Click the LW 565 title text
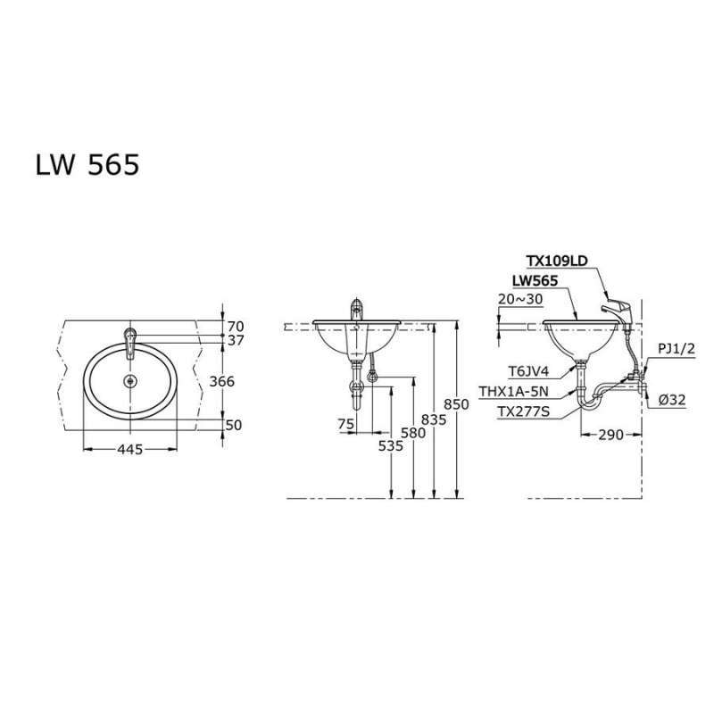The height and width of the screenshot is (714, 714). [87, 166]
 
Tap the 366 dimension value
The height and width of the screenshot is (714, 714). [222, 381]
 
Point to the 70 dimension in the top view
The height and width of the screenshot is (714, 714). [235, 326]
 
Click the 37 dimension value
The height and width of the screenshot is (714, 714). [235, 340]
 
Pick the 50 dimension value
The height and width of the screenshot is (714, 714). [235, 426]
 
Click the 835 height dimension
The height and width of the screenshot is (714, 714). [435, 418]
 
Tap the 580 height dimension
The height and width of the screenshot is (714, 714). [413, 432]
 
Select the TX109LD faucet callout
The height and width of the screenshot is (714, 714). [556, 262]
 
